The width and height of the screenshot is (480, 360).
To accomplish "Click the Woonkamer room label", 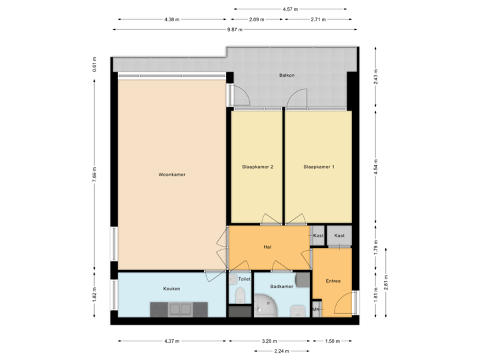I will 171,175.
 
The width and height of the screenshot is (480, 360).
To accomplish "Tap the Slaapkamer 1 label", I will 318,167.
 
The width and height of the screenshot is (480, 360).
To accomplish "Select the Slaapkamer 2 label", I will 257,167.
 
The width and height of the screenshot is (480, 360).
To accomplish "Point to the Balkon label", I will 287,75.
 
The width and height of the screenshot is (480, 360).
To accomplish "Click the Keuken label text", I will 171,289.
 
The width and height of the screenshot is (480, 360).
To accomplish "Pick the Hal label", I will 267,247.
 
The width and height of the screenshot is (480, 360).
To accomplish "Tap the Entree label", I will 333,281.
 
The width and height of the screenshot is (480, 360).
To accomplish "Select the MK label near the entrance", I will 316,310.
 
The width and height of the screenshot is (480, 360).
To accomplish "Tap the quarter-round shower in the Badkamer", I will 265,307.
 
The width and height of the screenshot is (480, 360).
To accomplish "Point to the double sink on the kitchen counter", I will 180,309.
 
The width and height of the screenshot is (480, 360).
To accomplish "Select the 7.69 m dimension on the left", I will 95,175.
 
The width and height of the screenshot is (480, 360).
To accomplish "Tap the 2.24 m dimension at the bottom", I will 282,350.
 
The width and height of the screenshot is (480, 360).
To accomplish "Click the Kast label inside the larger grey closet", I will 339,235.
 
